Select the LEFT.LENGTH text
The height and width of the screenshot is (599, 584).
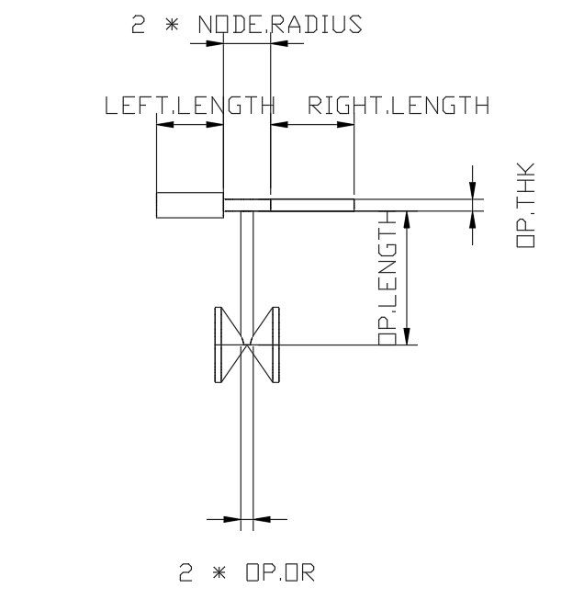[x=189, y=105]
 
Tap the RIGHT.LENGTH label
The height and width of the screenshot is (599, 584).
[x=399, y=105]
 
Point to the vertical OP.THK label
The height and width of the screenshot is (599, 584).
[x=526, y=206]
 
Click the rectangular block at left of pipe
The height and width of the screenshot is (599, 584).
[x=190, y=205]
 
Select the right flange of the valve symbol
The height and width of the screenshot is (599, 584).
[x=274, y=345]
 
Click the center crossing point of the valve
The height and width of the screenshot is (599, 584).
[x=246, y=345]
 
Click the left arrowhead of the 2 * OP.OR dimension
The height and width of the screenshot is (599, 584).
[x=231, y=519]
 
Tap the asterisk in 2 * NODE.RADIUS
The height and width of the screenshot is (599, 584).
[x=171, y=25]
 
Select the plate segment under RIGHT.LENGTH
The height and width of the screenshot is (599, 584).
[x=312, y=205]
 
